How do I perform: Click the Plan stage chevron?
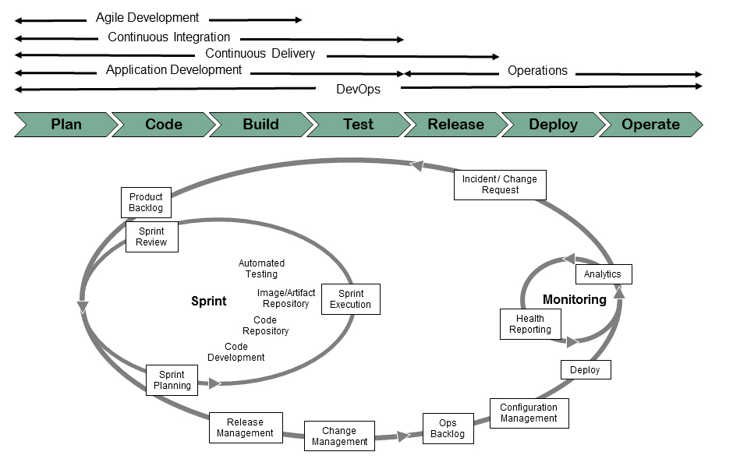pos(66,125)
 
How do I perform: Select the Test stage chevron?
pos(358,125)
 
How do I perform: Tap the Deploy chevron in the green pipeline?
pos(553,125)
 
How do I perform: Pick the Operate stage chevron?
pos(650,125)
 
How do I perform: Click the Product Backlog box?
pos(146,203)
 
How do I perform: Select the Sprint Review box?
pos(151,237)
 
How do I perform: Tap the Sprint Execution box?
pos(350,299)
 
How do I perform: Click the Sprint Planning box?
pos(172,380)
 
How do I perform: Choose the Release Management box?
pos(246,428)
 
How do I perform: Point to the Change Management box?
pos(339,436)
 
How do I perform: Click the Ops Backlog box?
pos(448,429)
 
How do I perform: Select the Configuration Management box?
pos(529,413)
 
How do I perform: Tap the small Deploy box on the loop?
pos(585,370)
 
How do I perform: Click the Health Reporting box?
pos(530,324)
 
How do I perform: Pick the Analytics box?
pos(603,274)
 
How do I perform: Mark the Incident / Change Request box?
pos(500,185)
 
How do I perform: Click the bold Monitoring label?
pos(574,300)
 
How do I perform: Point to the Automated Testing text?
pos(261,269)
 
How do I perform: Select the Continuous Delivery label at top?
pos(260,54)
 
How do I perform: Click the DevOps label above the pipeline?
pos(358,89)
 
